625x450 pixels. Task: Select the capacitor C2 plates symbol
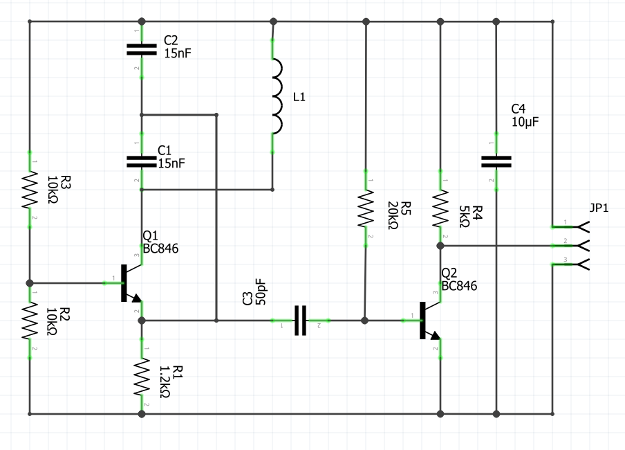pyautogui.click(x=141, y=49)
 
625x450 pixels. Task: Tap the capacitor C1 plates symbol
pyautogui.click(x=141, y=161)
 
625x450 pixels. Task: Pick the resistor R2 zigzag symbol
pyautogui.click(x=30, y=321)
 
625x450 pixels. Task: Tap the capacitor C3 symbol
pyautogui.click(x=300, y=321)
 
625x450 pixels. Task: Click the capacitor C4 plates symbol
pyautogui.click(x=496, y=161)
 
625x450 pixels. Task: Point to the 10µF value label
pyautogui.click(x=525, y=122)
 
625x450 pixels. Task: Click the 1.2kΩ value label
pyautogui.click(x=165, y=382)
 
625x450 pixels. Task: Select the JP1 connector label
pyautogui.click(x=599, y=208)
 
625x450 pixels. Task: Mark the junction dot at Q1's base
pyautogui.click(x=30, y=283)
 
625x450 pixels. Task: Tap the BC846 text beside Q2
pyautogui.click(x=459, y=285)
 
